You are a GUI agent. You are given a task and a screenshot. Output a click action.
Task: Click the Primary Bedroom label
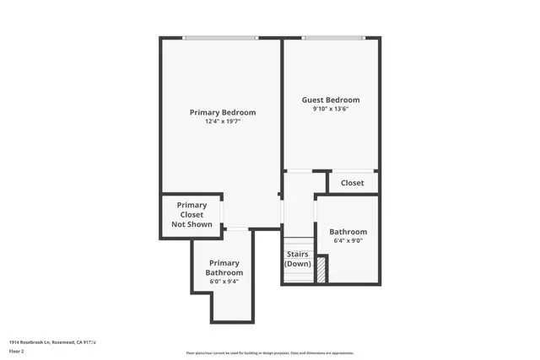click(x=222, y=112)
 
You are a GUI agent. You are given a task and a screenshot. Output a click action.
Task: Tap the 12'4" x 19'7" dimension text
click(x=222, y=121)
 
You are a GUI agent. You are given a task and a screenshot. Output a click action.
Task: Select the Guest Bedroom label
click(x=331, y=99)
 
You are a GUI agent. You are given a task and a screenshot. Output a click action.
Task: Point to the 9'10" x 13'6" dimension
click(x=331, y=109)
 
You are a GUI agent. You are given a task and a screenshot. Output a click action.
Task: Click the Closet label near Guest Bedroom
click(x=352, y=183)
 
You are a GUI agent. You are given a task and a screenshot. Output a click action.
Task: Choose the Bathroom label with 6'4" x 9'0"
click(x=348, y=232)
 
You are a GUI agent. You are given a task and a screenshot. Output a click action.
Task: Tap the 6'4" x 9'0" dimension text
click(x=348, y=241)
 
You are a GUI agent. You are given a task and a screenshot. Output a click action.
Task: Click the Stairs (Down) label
click(x=297, y=259)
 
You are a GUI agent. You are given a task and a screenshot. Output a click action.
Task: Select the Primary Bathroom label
click(x=224, y=268)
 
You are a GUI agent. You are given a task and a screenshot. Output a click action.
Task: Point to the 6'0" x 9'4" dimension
click(x=224, y=282)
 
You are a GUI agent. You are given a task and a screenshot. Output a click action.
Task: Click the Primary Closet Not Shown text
click(x=192, y=215)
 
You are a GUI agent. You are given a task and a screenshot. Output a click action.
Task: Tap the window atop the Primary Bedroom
click(x=220, y=37)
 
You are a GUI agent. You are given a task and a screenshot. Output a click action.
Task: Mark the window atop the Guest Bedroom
click(x=334, y=37)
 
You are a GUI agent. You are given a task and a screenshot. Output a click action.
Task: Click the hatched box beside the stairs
click(x=321, y=268)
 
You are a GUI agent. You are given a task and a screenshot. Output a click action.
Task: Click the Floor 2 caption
click(x=17, y=351)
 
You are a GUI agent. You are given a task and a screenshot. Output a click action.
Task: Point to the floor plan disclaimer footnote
click(x=270, y=353)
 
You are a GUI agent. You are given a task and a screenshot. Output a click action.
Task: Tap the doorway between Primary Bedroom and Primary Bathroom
click(x=237, y=229)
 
